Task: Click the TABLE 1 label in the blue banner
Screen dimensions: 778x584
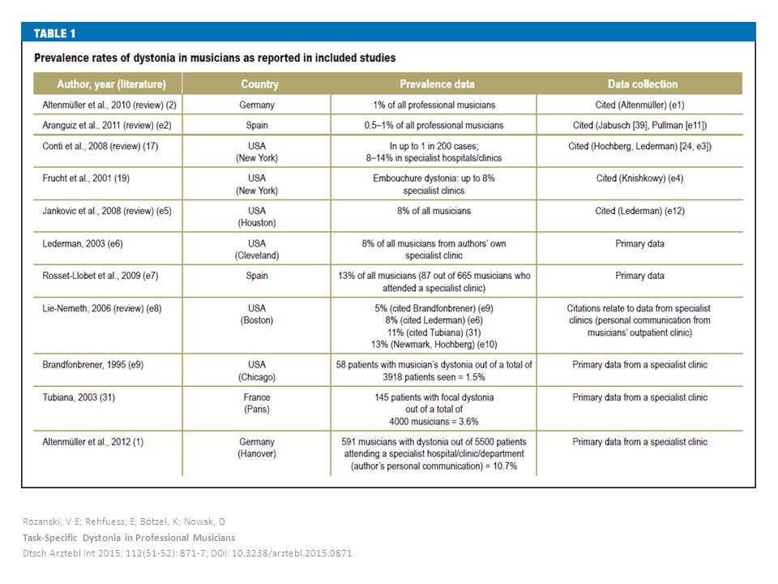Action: click(54, 33)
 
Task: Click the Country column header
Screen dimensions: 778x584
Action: click(259, 84)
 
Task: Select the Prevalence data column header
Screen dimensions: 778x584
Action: click(437, 84)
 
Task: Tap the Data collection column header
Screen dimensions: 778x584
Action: click(643, 84)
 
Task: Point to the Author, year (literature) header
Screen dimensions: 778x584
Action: click(111, 84)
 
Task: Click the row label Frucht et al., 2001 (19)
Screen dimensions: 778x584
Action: click(86, 178)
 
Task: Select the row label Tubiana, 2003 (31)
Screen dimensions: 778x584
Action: click(79, 397)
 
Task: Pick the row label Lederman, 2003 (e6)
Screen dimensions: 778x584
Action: click(83, 243)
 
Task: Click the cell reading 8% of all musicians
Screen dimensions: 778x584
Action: click(434, 211)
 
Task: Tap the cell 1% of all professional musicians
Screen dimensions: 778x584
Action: click(434, 105)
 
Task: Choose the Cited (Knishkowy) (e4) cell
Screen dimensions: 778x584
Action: click(639, 178)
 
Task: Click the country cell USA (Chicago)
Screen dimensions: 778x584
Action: click(257, 371)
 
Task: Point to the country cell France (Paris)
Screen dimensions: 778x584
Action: click(257, 403)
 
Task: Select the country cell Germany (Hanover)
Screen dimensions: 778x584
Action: click(257, 448)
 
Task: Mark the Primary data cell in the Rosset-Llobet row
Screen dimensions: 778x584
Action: click(639, 276)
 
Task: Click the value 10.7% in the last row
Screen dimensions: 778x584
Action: click(505, 466)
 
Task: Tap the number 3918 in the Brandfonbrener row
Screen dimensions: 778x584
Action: click(393, 377)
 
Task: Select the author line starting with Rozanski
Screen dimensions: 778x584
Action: click(124, 522)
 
